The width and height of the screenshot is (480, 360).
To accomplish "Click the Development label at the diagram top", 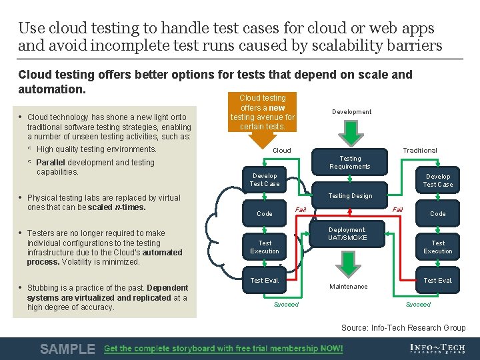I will click(351, 112).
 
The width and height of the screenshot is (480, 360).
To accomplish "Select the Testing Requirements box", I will click(350, 163).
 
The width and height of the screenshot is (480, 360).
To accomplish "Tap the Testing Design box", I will click(350, 196).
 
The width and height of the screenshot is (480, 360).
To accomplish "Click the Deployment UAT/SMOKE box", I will click(347, 234).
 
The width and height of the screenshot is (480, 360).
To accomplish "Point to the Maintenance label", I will click(348, 287).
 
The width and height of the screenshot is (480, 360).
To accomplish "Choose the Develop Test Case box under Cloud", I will click(265, 180).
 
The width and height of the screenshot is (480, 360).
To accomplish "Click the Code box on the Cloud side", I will click(265, 214).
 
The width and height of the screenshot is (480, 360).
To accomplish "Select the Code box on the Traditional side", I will click(437, 214).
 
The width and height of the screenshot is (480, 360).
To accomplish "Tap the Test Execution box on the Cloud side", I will click(265, 247).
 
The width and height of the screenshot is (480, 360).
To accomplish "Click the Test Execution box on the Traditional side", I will click(437, 247).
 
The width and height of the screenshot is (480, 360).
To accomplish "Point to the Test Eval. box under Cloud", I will click(265, 281).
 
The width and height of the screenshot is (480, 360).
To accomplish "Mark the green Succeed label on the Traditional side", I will click(418, 305).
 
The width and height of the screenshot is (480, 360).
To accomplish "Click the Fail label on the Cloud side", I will click(301, 210).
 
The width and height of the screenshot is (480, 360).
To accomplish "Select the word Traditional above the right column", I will click(419, 151).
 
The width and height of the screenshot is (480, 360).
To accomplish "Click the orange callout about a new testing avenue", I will click(263, 113).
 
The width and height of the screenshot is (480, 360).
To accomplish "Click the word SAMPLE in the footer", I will click(67, 349).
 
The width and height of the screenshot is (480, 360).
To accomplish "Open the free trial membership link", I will click(223, 349).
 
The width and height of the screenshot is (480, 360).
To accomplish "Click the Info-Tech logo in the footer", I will click(437, 349).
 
